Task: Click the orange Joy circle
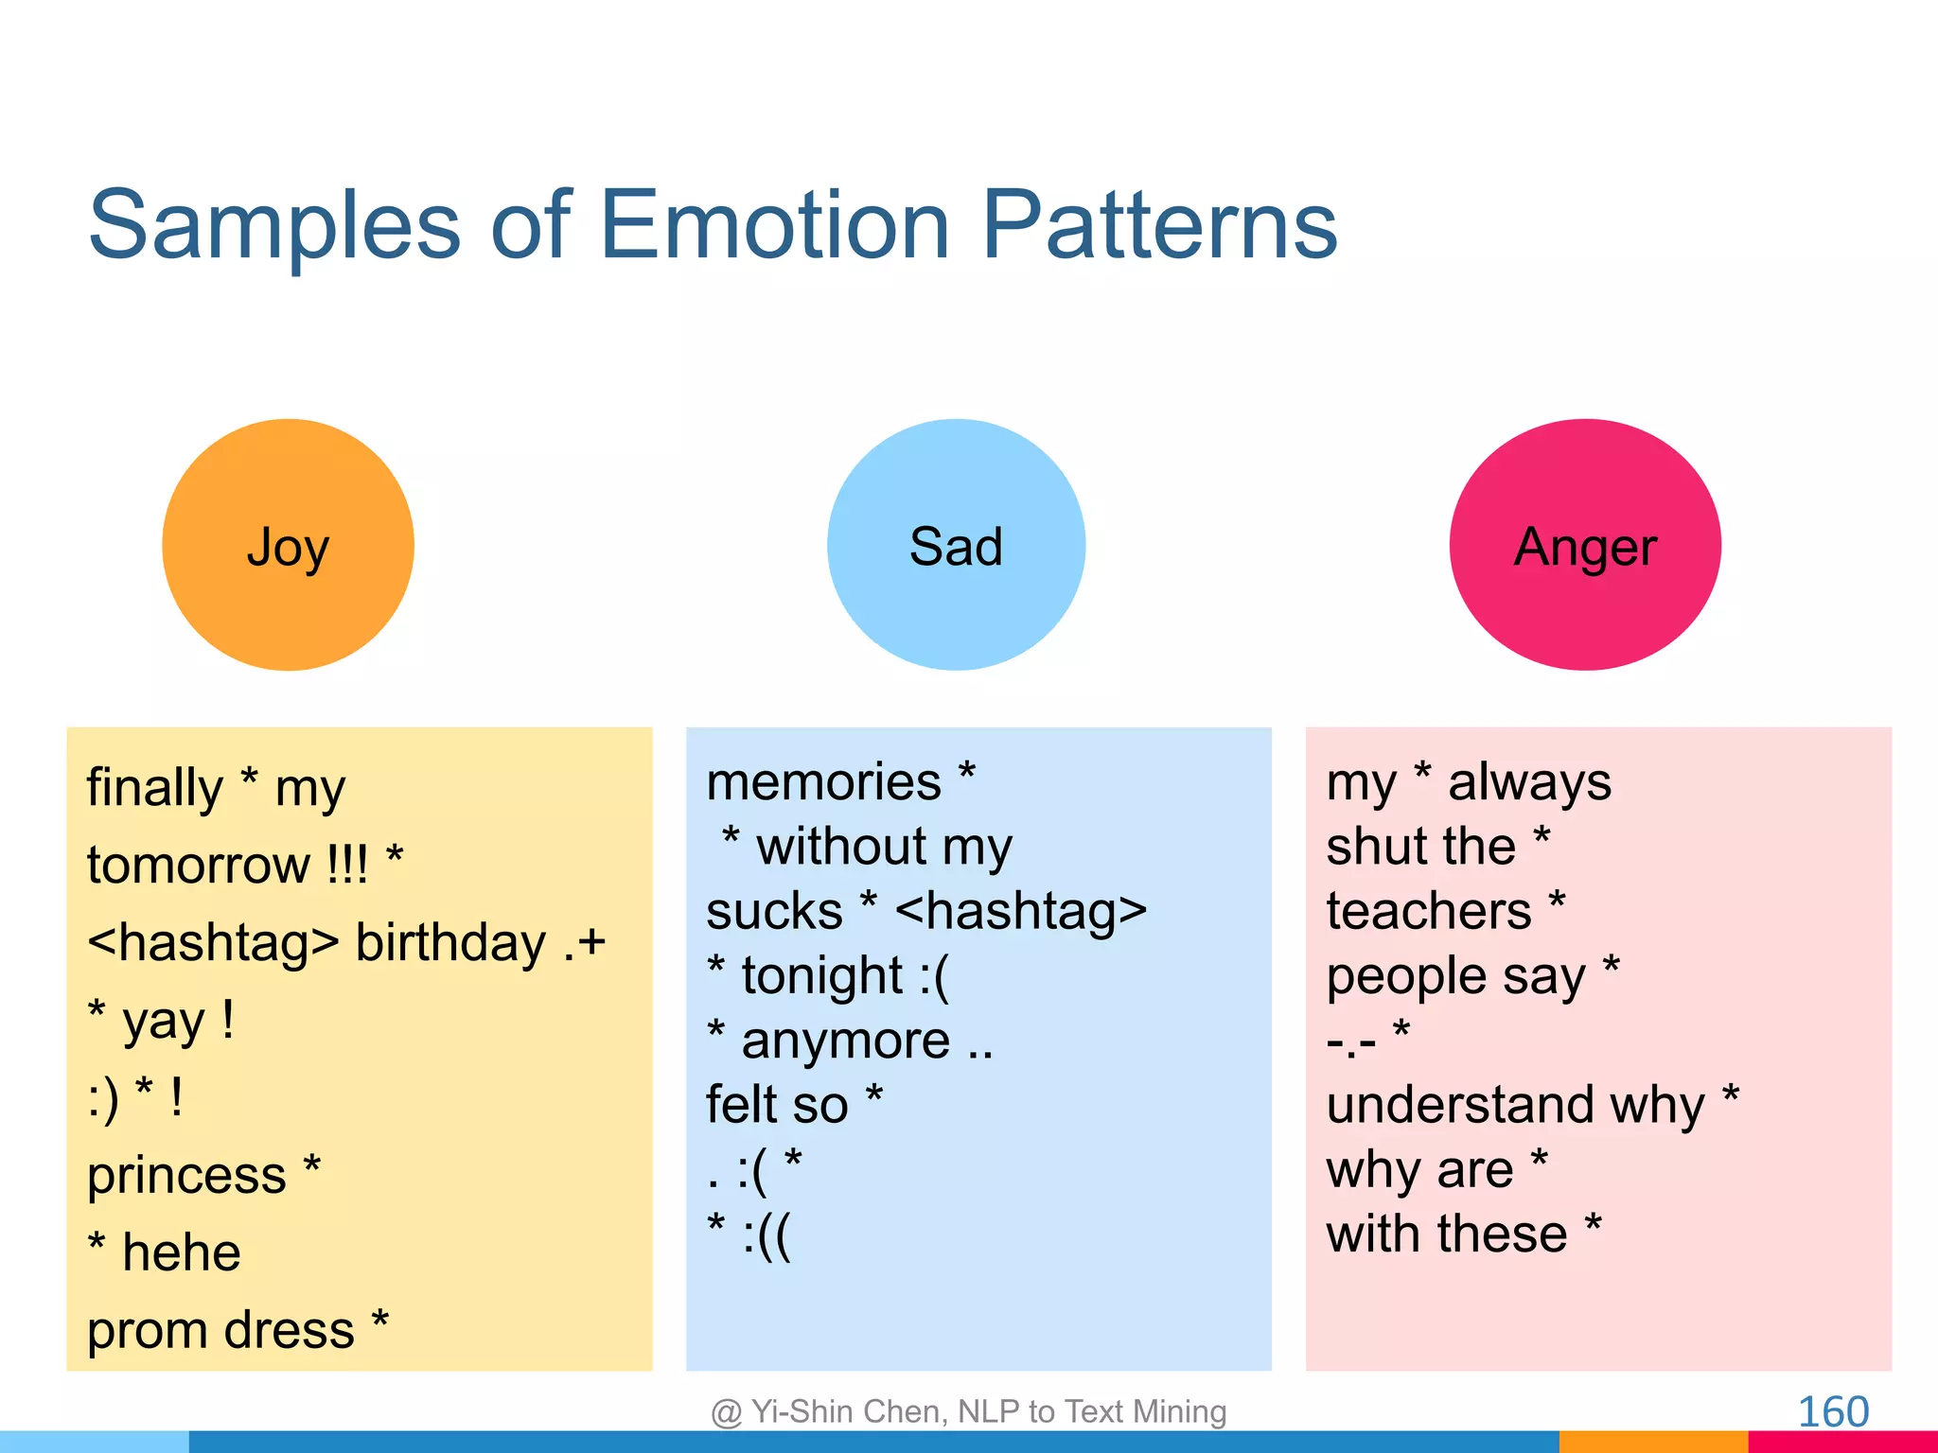[288, 545]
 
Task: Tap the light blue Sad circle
[956, 545]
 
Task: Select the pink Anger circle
[1585, 545]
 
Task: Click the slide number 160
[1833, 1411]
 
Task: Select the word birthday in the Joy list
[450, 944]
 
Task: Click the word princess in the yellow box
[186, 1177]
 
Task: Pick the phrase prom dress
[220, 1330]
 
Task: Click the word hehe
[182, 1253]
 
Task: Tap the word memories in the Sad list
[824, 783]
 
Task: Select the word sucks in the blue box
[774, 912]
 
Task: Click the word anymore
[846, 1042]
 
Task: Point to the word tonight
[822, 976]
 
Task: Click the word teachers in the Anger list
[1429, 912]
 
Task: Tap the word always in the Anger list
[1529, 783]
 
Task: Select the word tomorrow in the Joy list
[199, 866]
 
